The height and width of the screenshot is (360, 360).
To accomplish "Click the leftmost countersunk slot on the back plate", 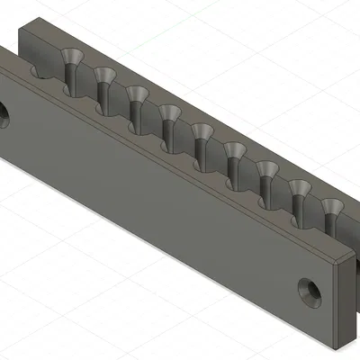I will (69, 65).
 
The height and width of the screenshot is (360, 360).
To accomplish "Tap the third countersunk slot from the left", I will (136, 99).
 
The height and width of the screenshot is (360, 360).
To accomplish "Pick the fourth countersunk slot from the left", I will (168, 117).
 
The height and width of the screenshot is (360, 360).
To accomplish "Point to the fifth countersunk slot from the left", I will (202, 136).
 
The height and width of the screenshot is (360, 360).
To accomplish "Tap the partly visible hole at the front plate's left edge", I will (3, 114).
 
